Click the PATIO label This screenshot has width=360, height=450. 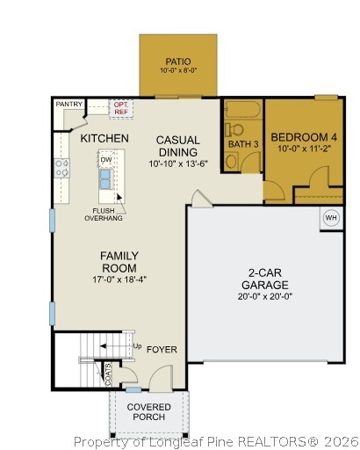(x=179, y=62)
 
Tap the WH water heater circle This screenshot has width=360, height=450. (x=330, y=218)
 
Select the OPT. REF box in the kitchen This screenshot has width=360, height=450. (x=120, y=107)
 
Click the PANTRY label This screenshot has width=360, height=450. (x=68, y=105)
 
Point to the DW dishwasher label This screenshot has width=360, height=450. (x=105, y=160)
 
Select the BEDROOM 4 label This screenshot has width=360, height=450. (x=304, y=137)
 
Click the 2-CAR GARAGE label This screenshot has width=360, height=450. (x=265, y=279)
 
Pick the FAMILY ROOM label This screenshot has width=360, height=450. (x=119, y=262)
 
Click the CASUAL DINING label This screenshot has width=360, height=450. (x=177, y=146)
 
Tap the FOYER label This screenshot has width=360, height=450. (x=162, y=350)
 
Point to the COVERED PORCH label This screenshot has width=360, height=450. (x=148, y=412)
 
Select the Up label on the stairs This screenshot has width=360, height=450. (x=137, y=346)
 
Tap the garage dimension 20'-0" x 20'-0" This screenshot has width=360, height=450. (x=265, y=296)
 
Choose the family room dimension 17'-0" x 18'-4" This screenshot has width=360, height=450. (x=119, y=279)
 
